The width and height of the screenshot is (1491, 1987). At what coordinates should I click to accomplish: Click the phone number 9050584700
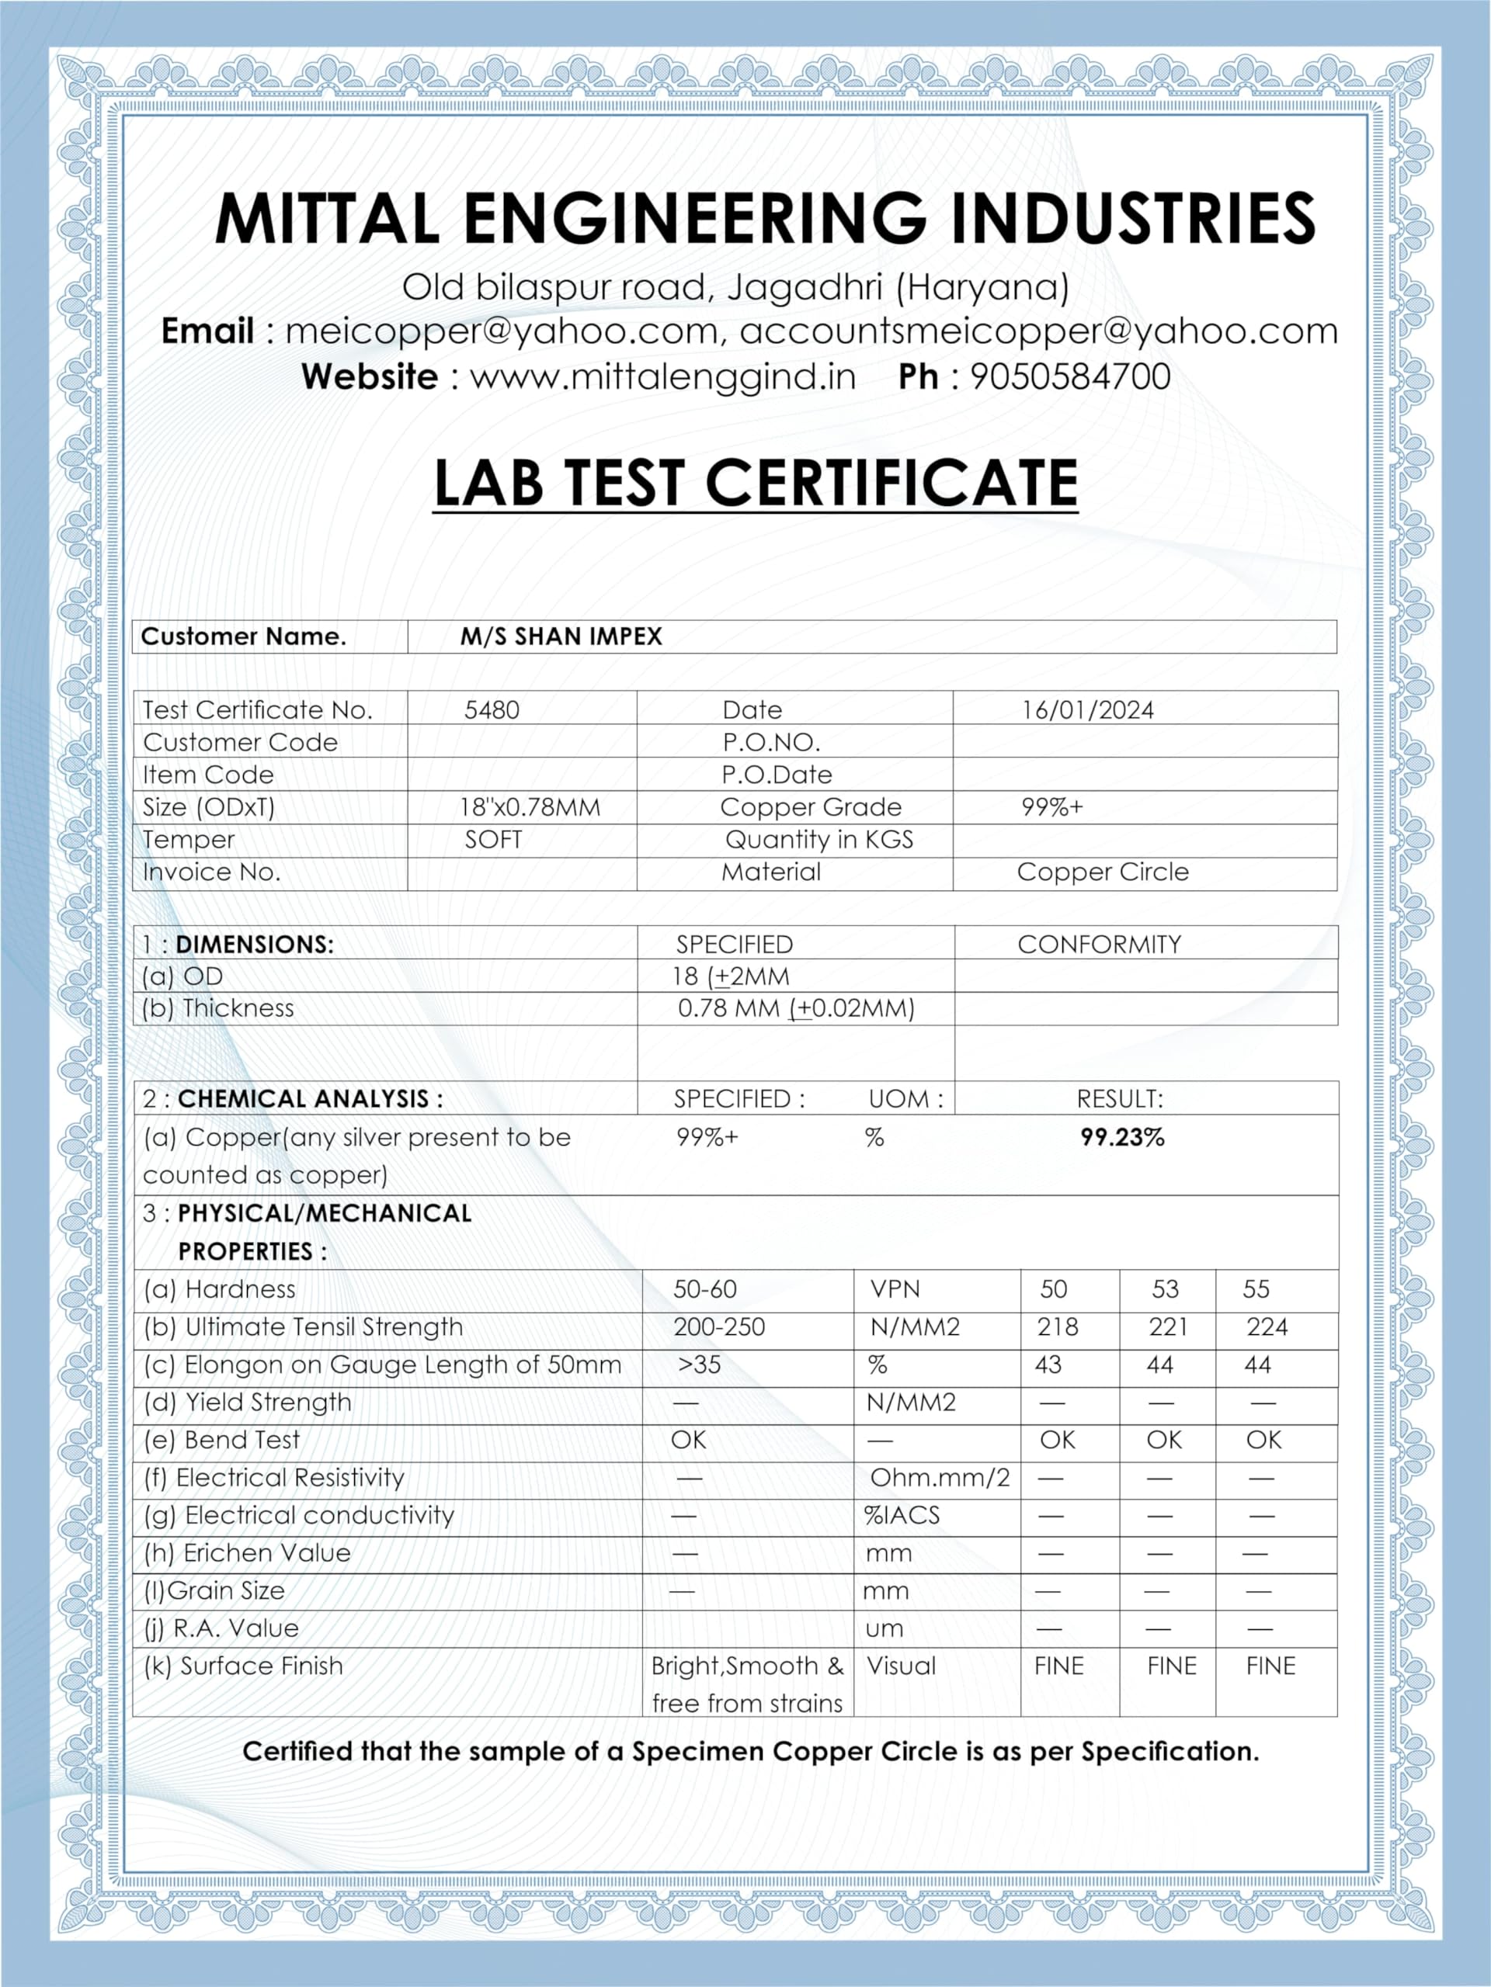[1069, 376]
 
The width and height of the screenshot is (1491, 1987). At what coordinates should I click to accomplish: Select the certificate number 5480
[492, 709]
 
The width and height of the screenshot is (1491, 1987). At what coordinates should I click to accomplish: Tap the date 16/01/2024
[1087, 709]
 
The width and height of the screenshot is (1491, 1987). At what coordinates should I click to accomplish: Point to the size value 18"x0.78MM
[530, 806]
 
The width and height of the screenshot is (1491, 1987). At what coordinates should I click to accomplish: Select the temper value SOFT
[492, 839]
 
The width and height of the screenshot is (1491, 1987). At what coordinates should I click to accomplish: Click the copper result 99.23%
[1121, 1137]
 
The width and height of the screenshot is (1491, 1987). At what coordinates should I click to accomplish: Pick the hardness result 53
[1165, 1289]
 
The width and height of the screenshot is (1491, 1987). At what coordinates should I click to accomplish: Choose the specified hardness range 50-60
[704, 1289]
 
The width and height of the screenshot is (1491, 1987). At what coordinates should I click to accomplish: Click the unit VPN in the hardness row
[895, 1289]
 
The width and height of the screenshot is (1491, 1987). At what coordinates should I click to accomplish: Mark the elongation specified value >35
[699, 1365]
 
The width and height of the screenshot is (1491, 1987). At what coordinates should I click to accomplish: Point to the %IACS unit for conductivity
[902, 1515]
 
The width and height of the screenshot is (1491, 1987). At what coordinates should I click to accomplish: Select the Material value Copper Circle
[1103, 872]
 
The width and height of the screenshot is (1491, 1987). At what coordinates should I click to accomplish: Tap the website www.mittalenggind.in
[663, 376]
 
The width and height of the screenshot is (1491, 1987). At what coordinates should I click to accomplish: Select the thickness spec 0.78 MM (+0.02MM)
[795, 1008]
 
